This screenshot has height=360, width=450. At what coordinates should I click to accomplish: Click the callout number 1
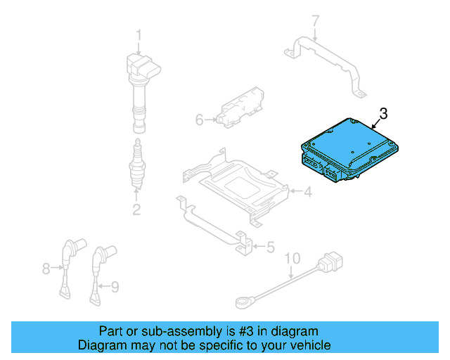(139, 35)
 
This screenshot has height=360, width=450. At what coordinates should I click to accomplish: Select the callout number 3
(383, 113)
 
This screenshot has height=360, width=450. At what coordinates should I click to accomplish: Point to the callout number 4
(307, 191)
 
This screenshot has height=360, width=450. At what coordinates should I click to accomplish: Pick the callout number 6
(199, 120)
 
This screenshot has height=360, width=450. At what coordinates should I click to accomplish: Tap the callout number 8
(46, 268)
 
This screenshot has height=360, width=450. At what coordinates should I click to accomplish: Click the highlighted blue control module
(345, 148)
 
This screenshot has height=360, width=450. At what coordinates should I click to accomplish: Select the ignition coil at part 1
(141, 84)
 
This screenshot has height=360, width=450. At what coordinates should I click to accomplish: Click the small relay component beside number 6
(239, 109)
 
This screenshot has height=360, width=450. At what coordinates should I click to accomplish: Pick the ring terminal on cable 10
(243, 303)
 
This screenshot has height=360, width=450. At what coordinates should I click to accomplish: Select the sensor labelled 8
(68, 260)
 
